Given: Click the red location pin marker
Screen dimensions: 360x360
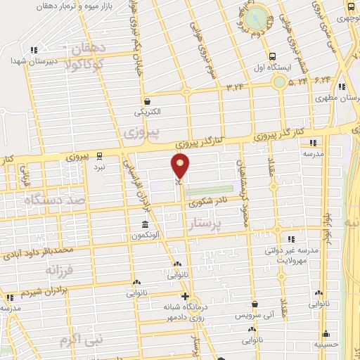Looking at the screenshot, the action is coord(181,166).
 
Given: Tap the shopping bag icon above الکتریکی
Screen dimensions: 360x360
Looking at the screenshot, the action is coord(147,101).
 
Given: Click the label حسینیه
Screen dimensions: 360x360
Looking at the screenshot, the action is coord(328,345).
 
